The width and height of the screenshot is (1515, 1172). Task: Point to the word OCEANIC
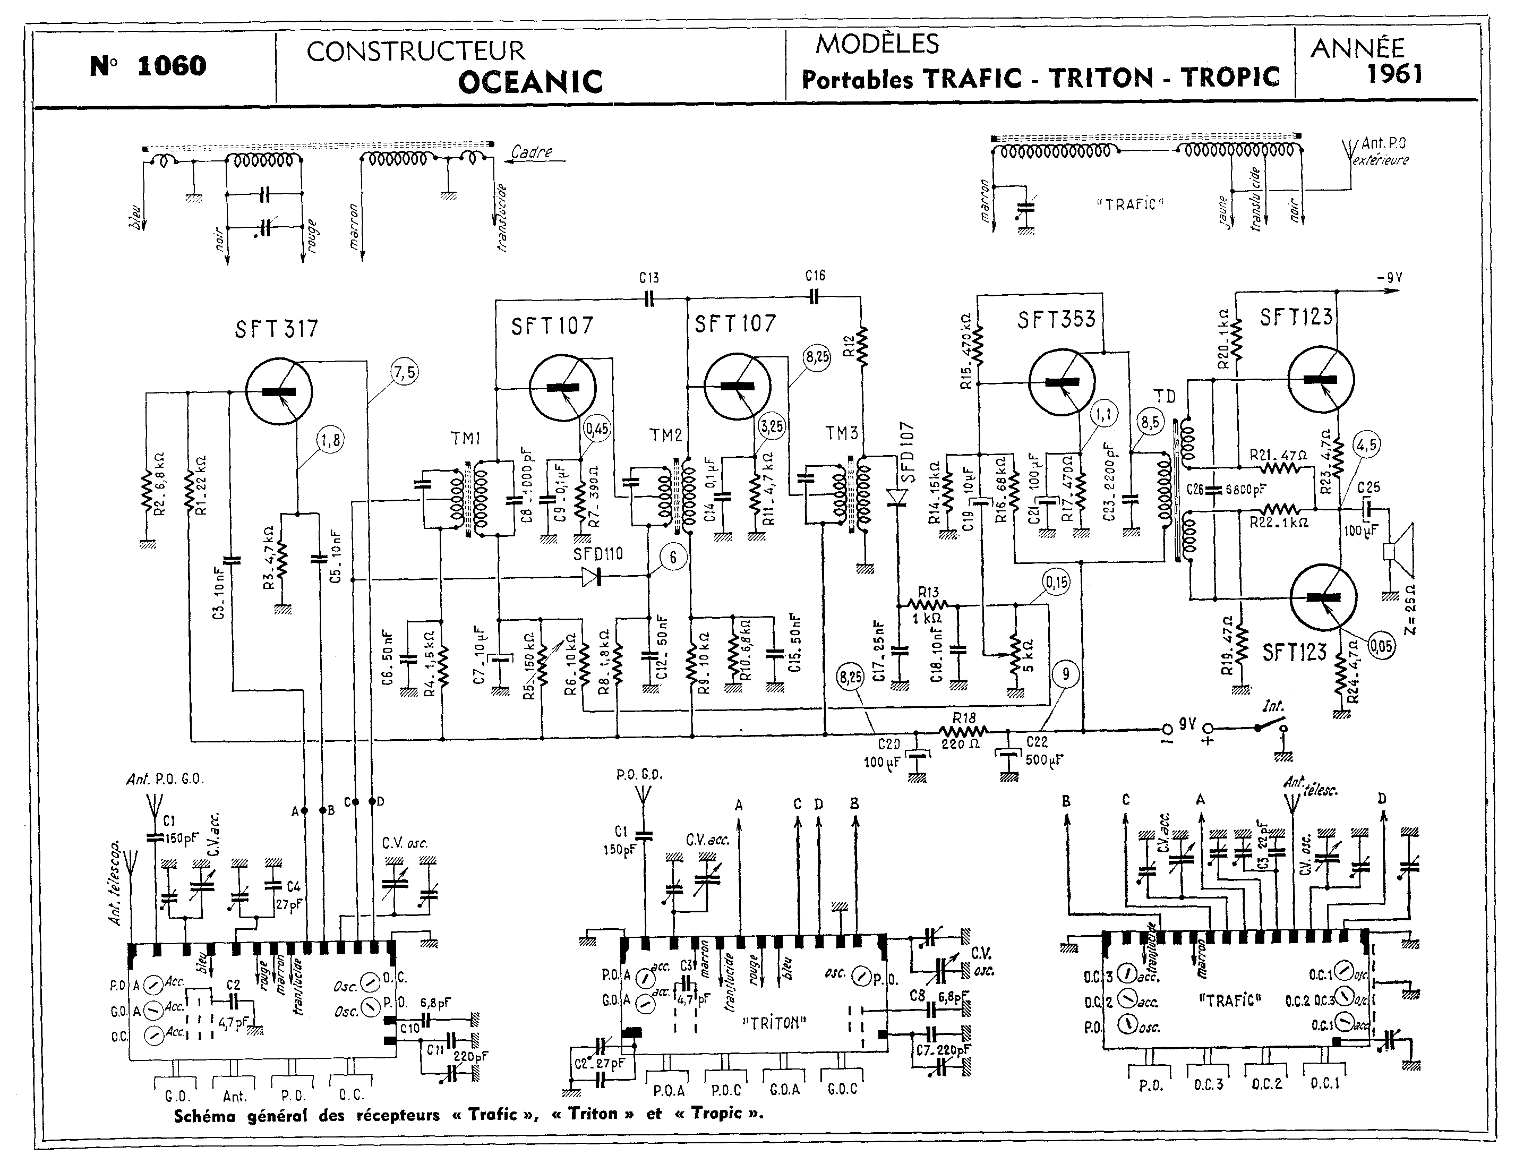[530, 82]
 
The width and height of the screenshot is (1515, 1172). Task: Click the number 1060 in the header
[172, 66]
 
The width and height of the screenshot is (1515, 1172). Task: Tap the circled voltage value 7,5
[405, 373]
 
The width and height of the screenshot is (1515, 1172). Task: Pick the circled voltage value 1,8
[331, 440]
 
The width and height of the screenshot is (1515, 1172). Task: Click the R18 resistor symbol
[963, 731]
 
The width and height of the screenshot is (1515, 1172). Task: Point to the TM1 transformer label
[465, 438]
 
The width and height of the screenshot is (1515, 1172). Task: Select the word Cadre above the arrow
[532, 152]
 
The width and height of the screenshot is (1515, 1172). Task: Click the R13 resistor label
[928, 592]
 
